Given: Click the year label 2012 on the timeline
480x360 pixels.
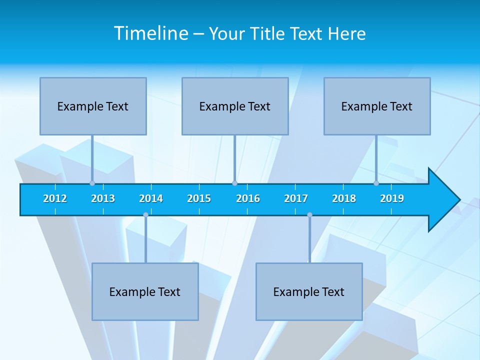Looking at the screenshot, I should tap(55, 198).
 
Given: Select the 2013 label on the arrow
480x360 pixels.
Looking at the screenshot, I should tap(103, 198).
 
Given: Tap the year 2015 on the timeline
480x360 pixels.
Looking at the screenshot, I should tap(199, 198).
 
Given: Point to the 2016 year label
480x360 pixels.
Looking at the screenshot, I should tap(248, 198).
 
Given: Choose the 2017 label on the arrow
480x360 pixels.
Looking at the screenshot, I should tap(296, 198).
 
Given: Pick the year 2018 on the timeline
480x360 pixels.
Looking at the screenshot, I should tap(344, 198).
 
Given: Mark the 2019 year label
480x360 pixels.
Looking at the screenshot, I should tap(392, 198).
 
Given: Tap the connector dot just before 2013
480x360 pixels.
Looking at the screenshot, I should tap(92, 183).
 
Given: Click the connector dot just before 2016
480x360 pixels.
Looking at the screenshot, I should tap(234, 183).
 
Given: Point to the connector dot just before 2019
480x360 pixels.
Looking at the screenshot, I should tap(376, 183).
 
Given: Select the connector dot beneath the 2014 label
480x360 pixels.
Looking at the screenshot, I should tap(145, 215).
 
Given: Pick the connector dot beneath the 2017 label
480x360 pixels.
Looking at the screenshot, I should tap(309, 215).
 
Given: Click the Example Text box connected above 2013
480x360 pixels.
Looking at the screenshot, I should tap(93, 106).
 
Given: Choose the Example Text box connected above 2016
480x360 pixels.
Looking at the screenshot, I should tap(235, 106).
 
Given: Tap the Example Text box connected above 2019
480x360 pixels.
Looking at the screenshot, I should tap(377, 106).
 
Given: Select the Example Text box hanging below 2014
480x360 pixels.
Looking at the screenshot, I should tap(145, 291).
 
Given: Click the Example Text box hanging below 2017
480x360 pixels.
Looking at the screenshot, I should tap(309, 291).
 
